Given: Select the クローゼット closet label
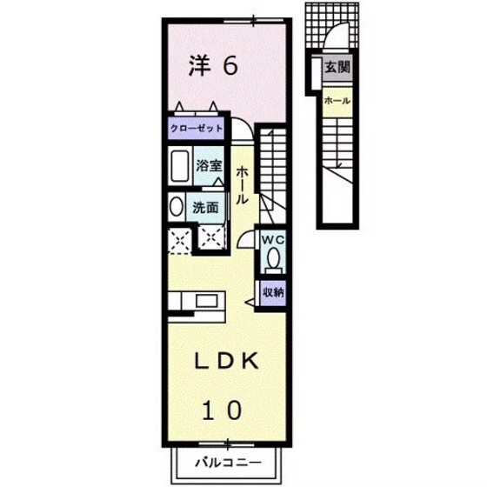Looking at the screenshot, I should pos(197,128).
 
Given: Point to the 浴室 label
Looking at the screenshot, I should pos(208,163).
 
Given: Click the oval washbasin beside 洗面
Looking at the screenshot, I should pos(176,207).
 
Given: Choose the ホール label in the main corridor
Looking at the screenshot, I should pos(242,185).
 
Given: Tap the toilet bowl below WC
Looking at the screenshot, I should pos(272,259).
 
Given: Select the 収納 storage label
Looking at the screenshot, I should pos(272,292).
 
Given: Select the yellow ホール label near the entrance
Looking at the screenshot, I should pos(337,101).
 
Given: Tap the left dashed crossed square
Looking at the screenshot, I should pos(181,238).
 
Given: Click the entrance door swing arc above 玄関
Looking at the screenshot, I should pos(340,39).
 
